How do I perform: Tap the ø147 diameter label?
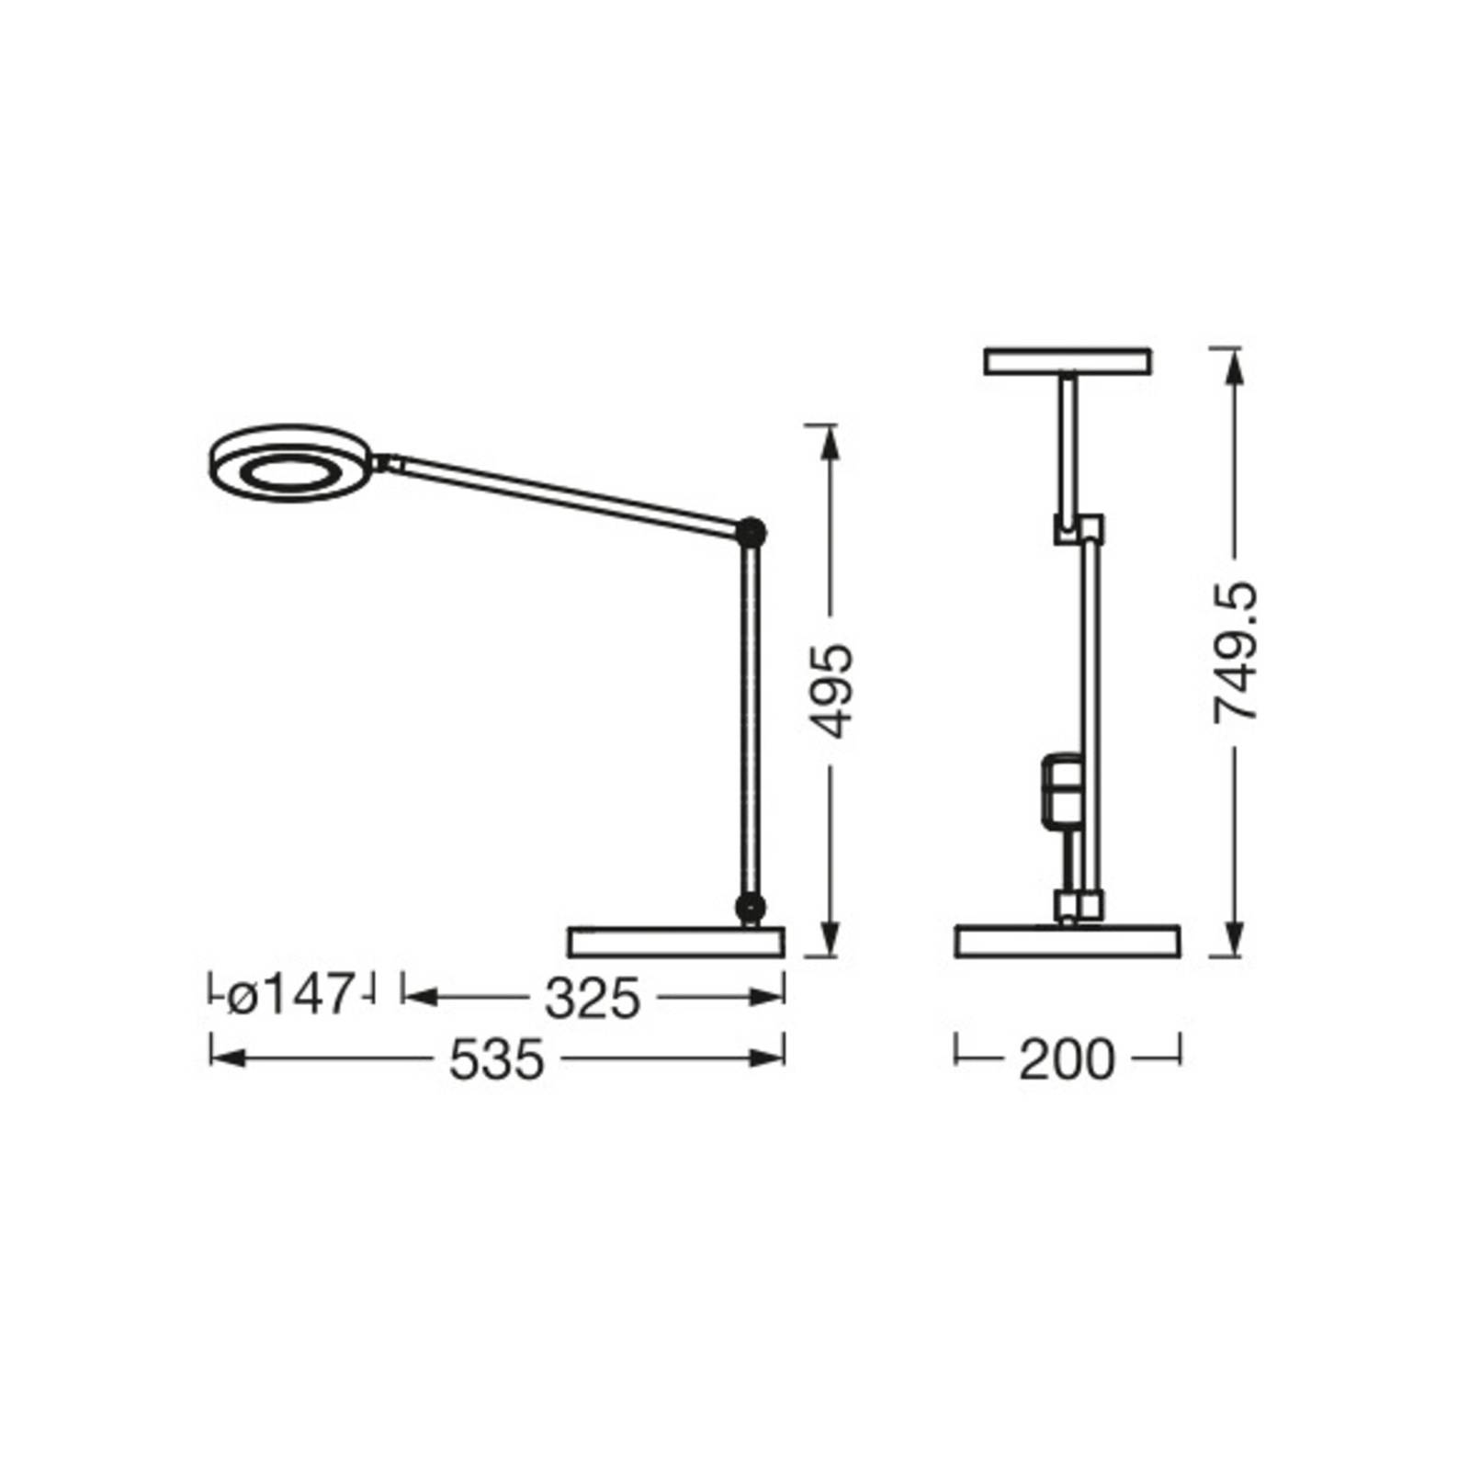[289, 995]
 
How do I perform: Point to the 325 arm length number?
[592, 998]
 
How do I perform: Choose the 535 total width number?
[496, 1060]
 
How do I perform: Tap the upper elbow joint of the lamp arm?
[752, 533]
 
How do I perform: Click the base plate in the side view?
[676, 942]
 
